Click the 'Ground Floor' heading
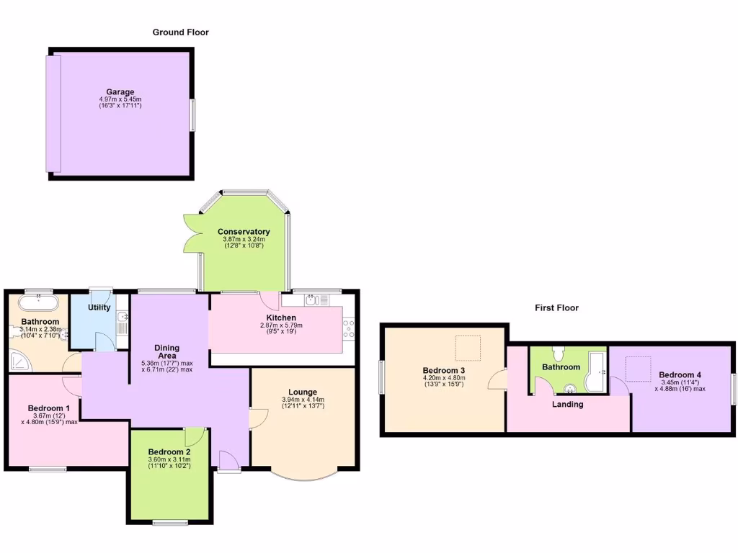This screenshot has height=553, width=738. coord(180,32)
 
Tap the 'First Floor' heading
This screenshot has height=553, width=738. coord(556,307)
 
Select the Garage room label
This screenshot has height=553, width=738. coord(120,92)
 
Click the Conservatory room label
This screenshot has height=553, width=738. coord(244,232)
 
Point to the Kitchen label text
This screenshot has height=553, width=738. coord(281,318)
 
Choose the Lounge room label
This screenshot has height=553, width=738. coord(303,392)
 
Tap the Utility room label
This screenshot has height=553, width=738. coord(99,307)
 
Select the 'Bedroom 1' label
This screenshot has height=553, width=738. coord(49,408)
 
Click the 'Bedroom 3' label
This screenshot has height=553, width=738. coord(443,371)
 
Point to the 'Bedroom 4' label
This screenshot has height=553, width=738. coord(680,375)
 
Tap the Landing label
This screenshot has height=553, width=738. coord(568,404)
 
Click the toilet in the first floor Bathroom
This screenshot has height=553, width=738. coord(557,353)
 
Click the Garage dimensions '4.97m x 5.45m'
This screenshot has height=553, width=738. coord(120,99)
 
